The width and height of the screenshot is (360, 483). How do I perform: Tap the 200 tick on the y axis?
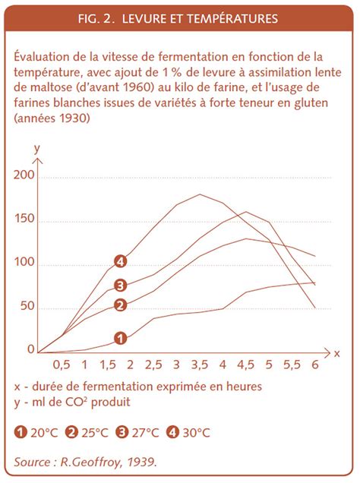coord(25,175)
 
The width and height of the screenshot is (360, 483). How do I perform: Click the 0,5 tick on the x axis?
coord(62,364)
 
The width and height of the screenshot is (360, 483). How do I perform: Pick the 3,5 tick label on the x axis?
coord(200,364)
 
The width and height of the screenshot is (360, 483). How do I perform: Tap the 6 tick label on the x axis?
coord(314,364)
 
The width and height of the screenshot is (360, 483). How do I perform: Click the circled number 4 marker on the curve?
coord(119,262)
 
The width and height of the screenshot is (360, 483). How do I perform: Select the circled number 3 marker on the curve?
coord(119,286)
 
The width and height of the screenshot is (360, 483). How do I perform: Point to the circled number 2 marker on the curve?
coord(119,305)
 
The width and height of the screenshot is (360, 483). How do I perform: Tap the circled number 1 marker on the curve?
coord(119,338)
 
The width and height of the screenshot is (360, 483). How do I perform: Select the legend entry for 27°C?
coord(136,434)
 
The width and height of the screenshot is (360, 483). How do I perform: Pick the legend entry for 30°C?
coord(187,434)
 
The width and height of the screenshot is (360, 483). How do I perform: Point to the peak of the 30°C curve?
coord(200,194)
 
